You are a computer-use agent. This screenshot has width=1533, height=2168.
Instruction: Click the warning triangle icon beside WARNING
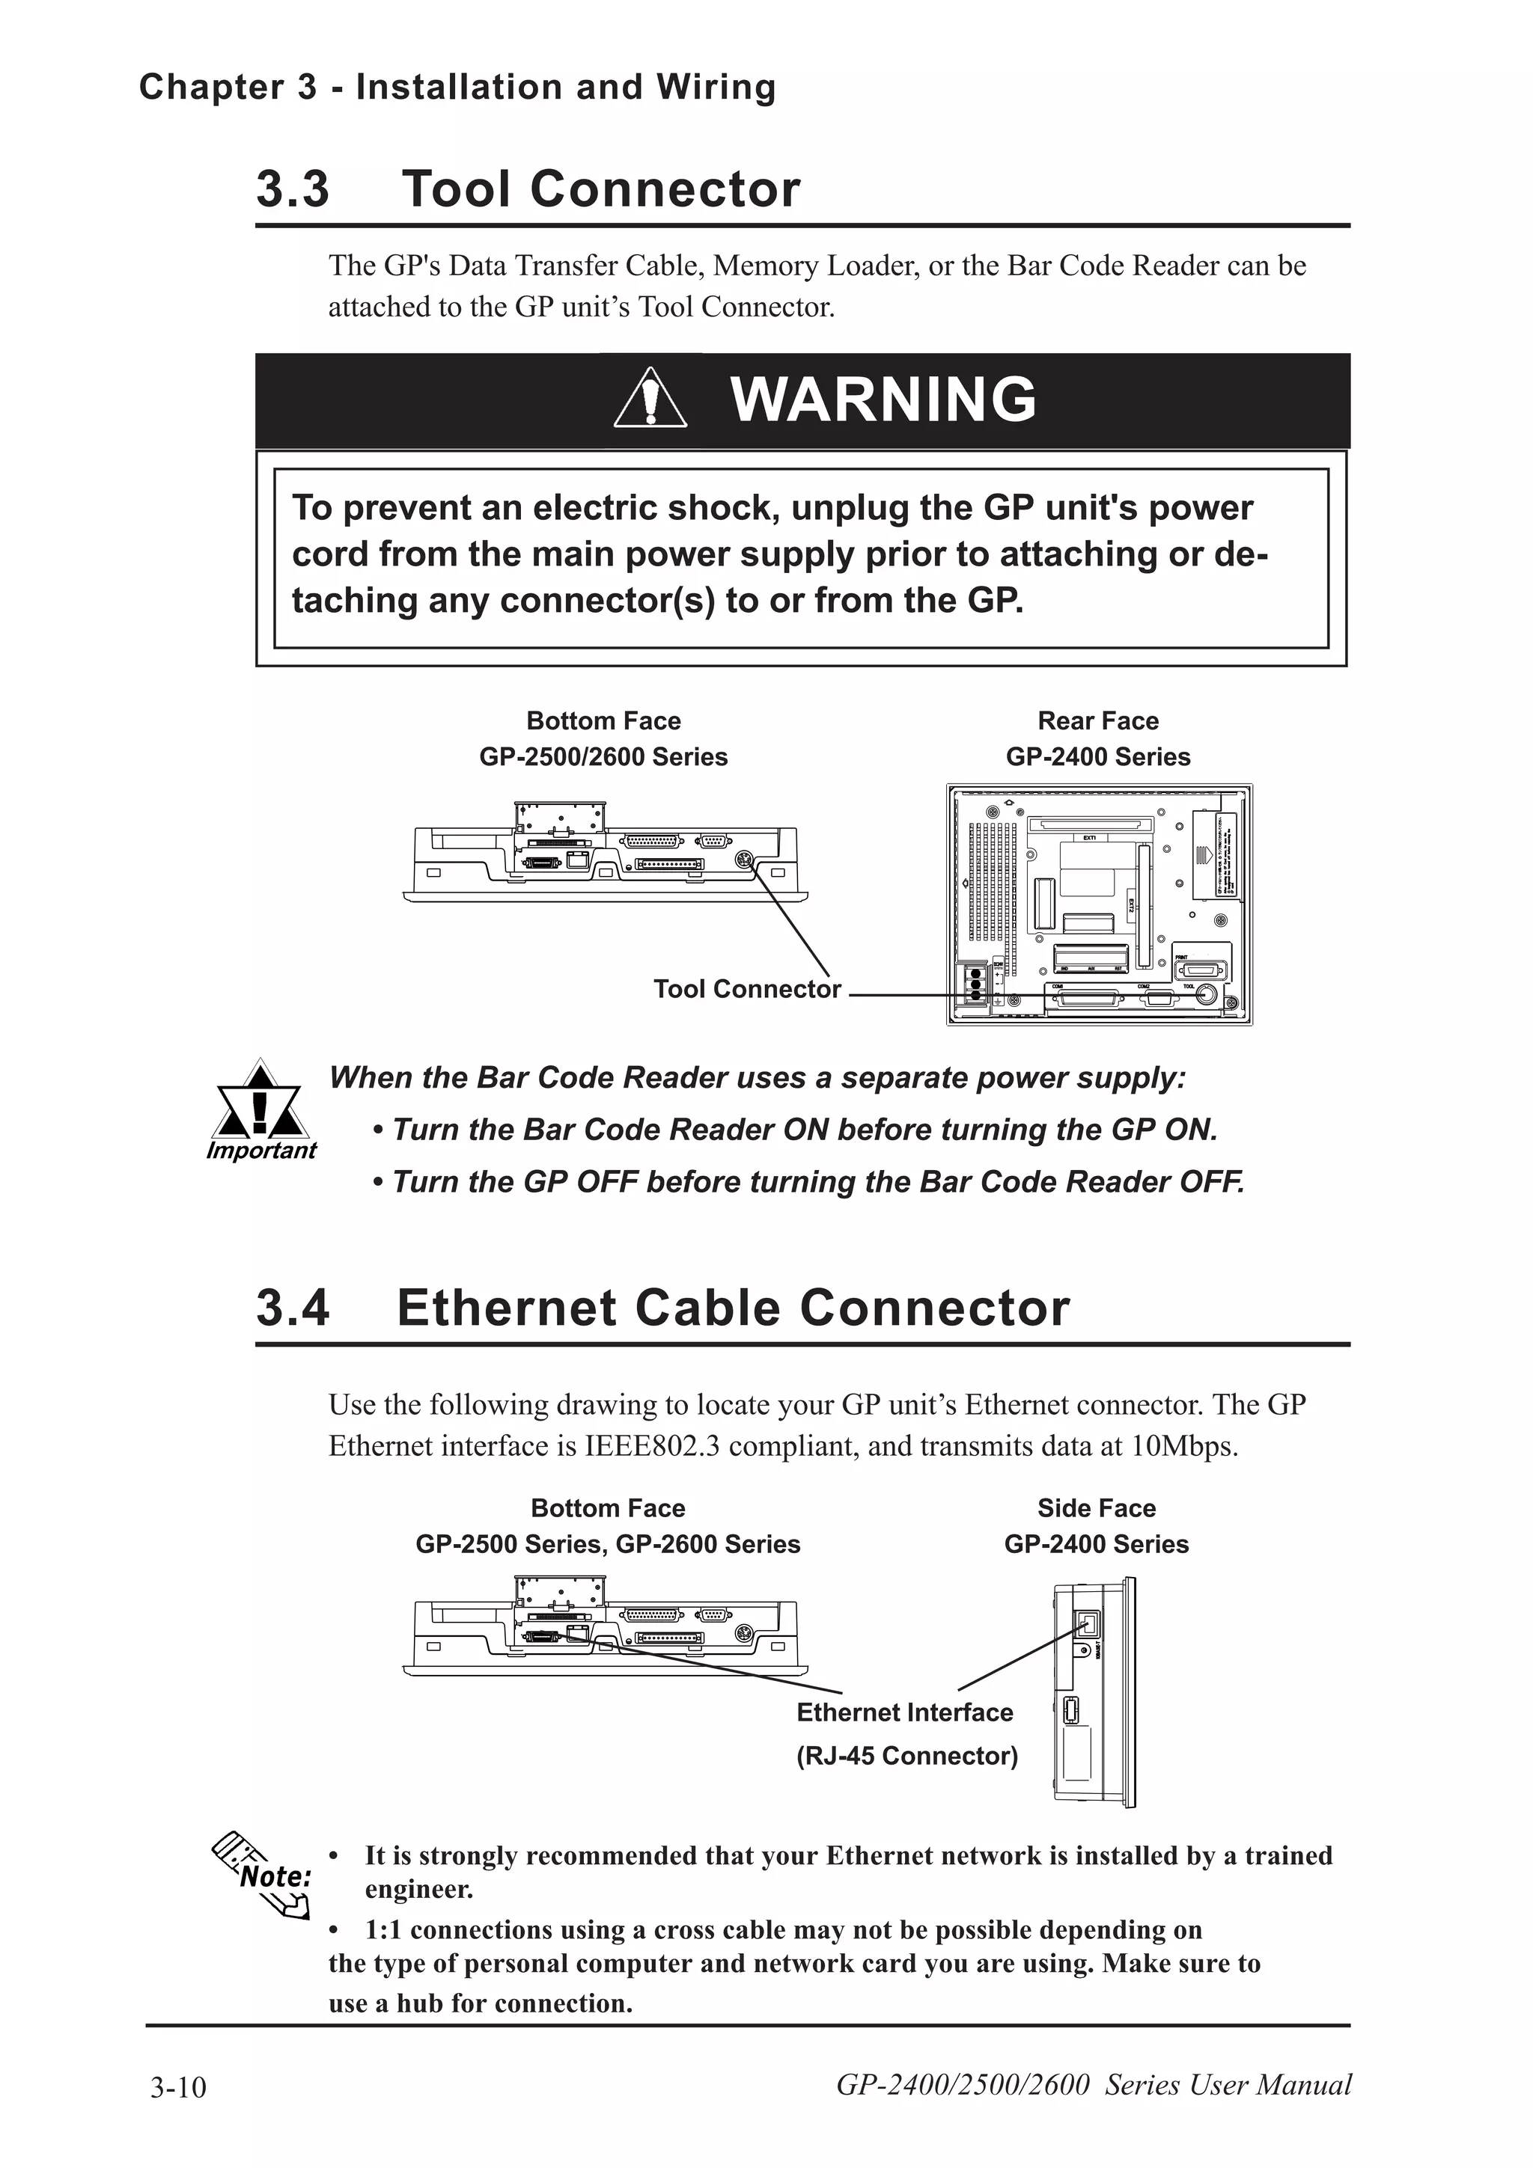pos(650,399)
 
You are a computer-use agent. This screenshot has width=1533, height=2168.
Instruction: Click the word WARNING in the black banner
pos(883,399)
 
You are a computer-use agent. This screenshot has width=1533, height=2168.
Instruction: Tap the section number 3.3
pos(293,189)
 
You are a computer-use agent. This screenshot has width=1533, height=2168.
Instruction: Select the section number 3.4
pos(293,1308)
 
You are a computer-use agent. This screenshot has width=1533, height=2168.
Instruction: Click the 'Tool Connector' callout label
pos(746,989)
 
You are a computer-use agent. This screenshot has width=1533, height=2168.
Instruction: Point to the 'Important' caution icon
pos(260,1105)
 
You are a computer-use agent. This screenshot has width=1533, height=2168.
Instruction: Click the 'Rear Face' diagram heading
pos(1097,720)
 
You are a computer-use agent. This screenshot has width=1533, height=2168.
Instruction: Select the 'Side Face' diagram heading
pos(1096,1508)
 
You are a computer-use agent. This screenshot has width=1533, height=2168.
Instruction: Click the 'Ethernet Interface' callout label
pos(904,1712)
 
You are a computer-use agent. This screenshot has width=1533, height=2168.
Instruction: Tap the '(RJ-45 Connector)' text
pos(906,1755)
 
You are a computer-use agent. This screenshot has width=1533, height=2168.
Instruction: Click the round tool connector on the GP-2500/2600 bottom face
pos(743,860)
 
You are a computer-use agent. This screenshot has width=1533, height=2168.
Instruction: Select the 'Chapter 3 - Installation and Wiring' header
pos(457,87)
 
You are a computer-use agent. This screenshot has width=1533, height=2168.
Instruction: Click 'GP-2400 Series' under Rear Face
pos(1097,756)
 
